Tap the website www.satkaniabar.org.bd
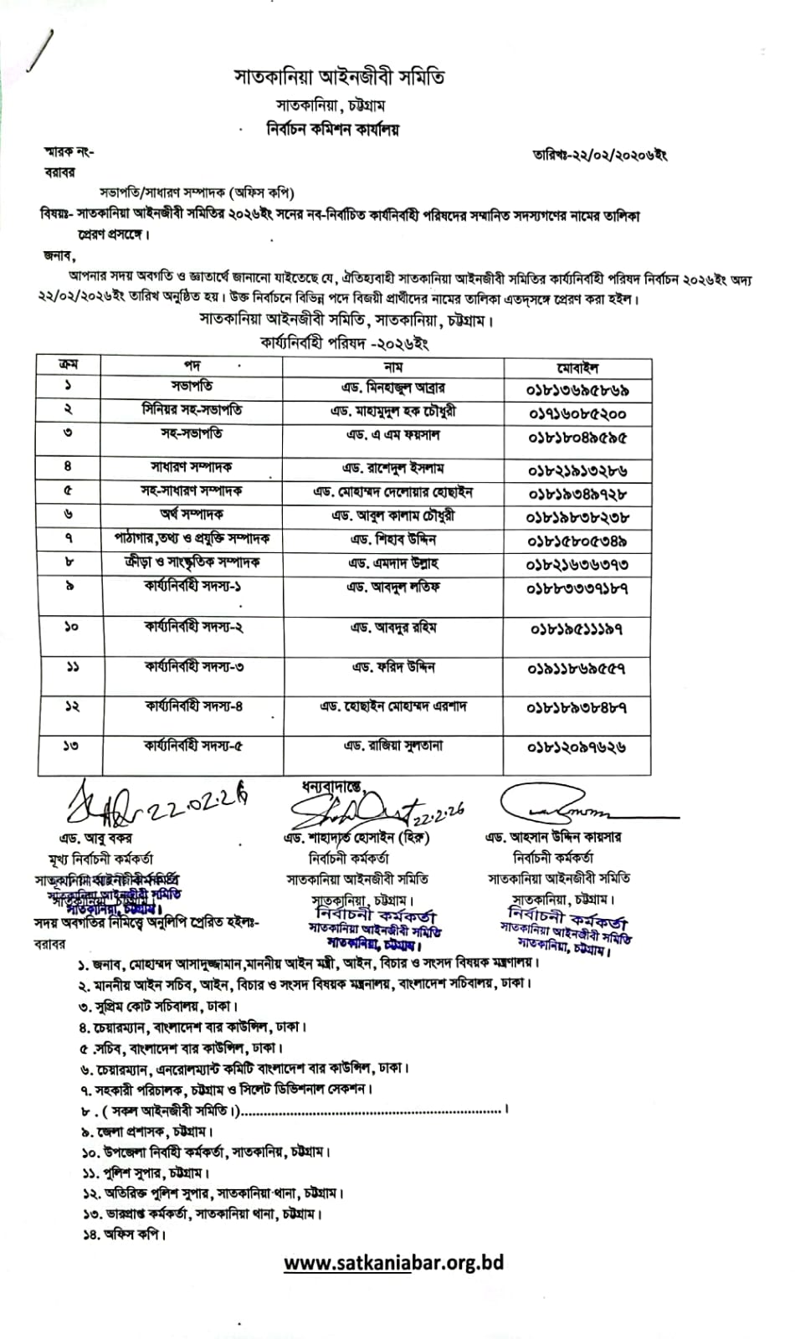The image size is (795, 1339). (393, 1263)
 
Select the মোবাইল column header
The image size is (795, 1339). (577, 367)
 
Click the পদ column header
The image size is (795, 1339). (192, 366)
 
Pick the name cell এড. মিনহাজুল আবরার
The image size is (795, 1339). (392, 388)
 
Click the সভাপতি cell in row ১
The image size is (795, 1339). (192, 387)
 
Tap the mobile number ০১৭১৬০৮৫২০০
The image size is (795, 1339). (577, 413)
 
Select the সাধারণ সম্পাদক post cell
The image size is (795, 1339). (192, 467)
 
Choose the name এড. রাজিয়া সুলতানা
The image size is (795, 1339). (392, 746)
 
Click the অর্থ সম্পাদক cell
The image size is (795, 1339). (192, 514)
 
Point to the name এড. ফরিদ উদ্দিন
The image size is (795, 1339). (392, 667)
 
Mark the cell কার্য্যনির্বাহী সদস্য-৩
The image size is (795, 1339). (193, 667)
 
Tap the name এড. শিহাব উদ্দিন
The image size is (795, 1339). (392, 539)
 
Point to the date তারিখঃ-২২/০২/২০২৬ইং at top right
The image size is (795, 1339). (599, 155)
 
